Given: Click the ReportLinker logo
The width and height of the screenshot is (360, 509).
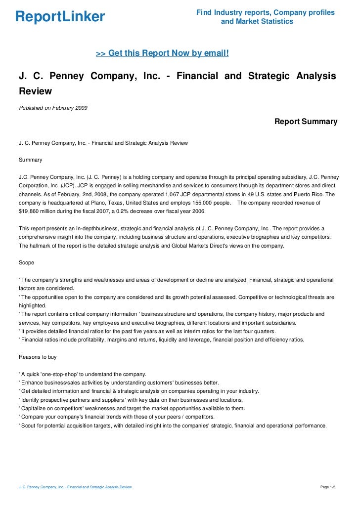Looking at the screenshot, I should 60,17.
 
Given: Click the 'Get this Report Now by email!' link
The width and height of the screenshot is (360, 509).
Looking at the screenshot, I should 162,53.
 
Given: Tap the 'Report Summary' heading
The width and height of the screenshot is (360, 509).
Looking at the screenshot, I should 306,122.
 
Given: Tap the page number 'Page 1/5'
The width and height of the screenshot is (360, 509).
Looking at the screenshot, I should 328,487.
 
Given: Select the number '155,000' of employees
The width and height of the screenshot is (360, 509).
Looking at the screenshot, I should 192,203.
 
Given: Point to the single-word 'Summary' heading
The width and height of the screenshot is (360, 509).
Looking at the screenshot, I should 30,160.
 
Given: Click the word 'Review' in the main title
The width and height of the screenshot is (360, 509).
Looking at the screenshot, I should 35,91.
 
